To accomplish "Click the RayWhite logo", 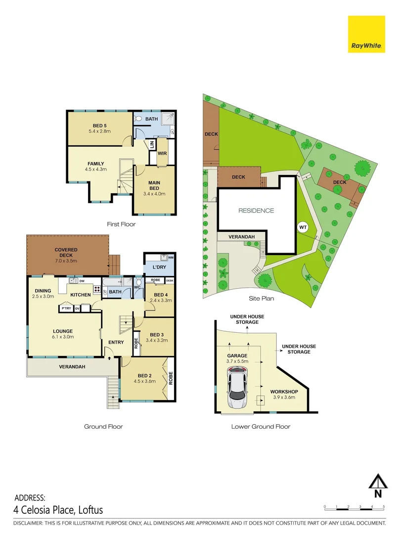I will click(x=366, y=34).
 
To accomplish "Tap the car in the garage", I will click(x=238, y=387).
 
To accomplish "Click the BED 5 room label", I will click(x=100, y=125).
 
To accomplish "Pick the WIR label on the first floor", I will click(x=162, y=153).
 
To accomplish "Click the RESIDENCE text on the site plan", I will click(x=256, y=211).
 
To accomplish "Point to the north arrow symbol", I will click(x=378, y=485).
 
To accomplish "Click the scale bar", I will click(x=354, y=507).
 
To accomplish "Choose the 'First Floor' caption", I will click(x=121, y=224).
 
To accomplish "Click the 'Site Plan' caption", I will click(x=262, y=299).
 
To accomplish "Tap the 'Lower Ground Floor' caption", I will click(x=261, y=426).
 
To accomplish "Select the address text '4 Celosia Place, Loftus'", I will click(x=58, y=510).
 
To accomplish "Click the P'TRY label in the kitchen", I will click(x=66, y=309).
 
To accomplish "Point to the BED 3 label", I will click(x=156, y=334).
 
